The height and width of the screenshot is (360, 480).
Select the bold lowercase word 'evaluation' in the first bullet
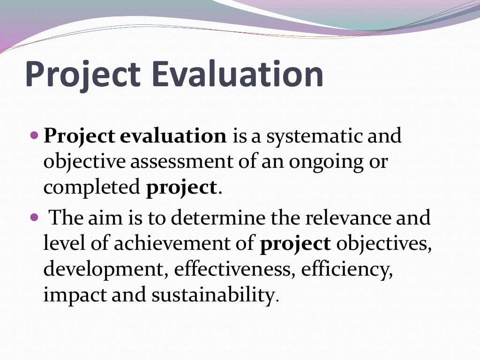click(173, 136)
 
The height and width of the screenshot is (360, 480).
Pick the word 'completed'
click(92, 188)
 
